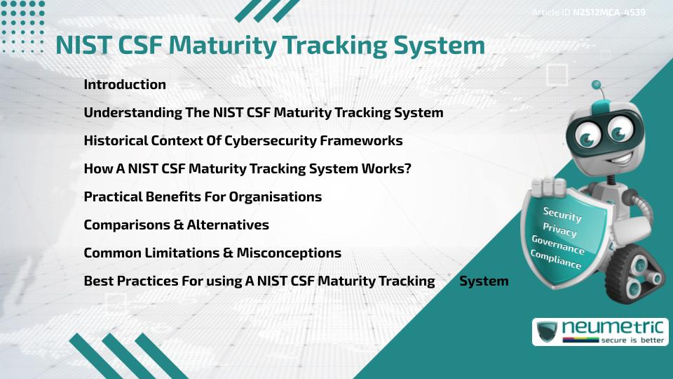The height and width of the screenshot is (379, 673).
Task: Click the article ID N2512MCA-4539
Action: click(x=609, y=12)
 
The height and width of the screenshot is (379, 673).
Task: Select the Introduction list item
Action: click(x=125, y=85)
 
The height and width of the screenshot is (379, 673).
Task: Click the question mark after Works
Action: click(x=407, y=169)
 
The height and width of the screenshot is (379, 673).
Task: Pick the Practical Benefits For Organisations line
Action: click(x=203, y=197)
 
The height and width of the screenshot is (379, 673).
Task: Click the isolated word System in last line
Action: click(x=484, y=281)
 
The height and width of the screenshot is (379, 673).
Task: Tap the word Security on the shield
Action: click(x=562, y=215)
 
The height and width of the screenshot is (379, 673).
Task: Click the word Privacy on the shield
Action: click(x=559, y=230)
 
